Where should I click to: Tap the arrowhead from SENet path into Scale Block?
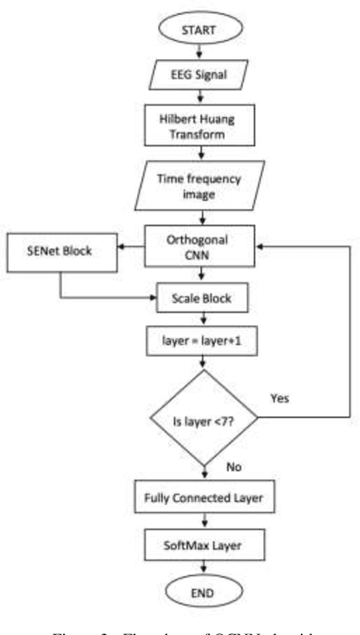coord(153,297)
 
